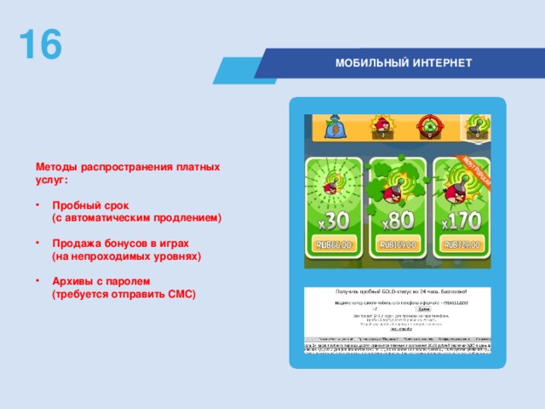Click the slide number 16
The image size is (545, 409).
coord(40,44)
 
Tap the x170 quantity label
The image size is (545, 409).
coord(461,222)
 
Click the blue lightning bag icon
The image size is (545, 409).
coord(335,127)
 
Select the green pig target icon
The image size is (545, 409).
coord(427,127)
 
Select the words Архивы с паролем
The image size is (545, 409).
coord(100,280)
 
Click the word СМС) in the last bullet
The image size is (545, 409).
coord(181,294)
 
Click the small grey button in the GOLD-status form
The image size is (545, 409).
coord(399,309)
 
